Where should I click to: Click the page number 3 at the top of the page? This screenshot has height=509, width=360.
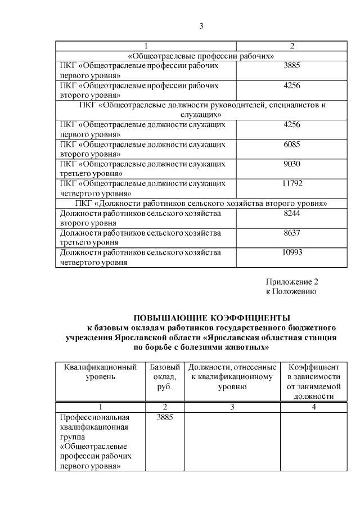[x=201, y=26]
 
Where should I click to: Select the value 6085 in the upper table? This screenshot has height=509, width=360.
[x=292, y=145]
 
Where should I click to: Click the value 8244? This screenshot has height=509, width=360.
[x=292, y=214]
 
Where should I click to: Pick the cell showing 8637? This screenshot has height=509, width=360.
[x=292, y=233]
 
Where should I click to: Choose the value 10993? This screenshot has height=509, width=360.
[x=292, y=252]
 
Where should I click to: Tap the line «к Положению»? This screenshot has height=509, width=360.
[x=290, y=292]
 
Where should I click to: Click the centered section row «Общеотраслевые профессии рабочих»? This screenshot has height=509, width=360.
[x=201, y=56]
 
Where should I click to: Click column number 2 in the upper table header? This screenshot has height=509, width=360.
[x=292, y=46]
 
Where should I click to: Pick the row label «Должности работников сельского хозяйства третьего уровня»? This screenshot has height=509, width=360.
[x=141, y=237]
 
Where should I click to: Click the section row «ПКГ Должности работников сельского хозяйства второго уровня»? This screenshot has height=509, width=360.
[x=201, y=202]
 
